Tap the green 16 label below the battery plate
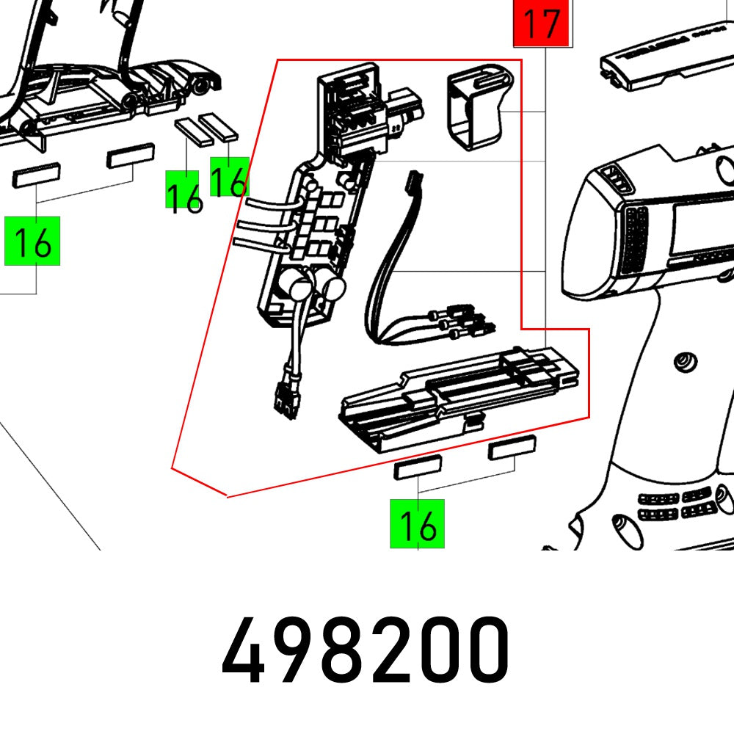click(x=418, y=523)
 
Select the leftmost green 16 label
click(x=32, y=241)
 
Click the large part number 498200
click(x=366, y=650)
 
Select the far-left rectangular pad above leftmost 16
click(x=36, y=177)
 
